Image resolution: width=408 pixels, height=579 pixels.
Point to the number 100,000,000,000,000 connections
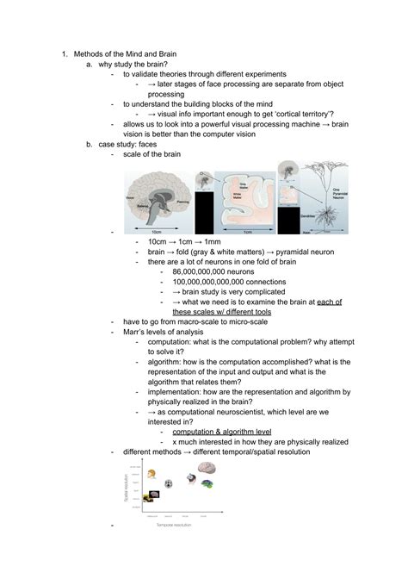click(x=226, y=282)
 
